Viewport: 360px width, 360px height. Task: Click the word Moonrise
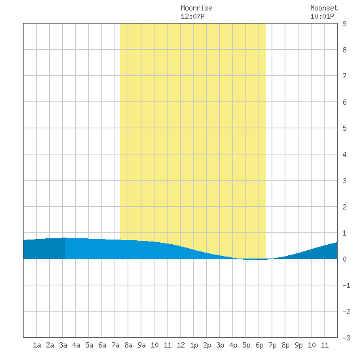pyautogui.click(x=196, y=8)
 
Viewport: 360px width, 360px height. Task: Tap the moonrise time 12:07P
pyautogui.click(x=192, y=16)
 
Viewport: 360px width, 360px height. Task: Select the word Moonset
pyautogui.click(x=324, y=8)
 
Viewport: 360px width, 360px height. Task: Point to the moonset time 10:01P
pyautogui.click(x=322, y=16)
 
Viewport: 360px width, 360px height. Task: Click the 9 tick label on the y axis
pyautogui.click(x=344, y=24)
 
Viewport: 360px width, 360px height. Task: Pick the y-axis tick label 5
pyautogui.click(x=344, y=128)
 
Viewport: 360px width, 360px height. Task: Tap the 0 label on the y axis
pyautogui.click(x=344, y=259)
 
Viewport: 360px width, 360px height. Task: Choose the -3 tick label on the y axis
pyautogui.click(x=346, y=338)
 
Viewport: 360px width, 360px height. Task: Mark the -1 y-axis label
pyautogui.click(x=346, y=285)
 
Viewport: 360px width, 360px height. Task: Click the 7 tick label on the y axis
pyautogui.click(x=344, y=76)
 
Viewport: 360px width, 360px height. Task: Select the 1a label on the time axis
pyautogui.click(x=37, y=345)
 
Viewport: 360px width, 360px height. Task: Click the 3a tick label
pyautogui.click(x=63, y=345)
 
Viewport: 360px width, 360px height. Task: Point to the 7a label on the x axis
pyautogui.click(x=115, y=345)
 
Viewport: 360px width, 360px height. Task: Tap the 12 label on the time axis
pyautogui.click(x=181, y=345)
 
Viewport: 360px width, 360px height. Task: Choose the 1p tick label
pyautogui.click(x=194, y=345)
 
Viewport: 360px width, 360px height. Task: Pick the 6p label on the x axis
pyautogui.click(x=259, y=345)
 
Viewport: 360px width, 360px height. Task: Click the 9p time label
pyautogui.click(x=298, y=345)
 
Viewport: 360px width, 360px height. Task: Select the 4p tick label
pyautogui.click(x=233, y=345)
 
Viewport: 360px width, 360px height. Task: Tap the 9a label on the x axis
pyautogui.click(x=141, y=345)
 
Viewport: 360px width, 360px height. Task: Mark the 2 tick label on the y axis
pyautogui.click(x=344, y=207)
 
